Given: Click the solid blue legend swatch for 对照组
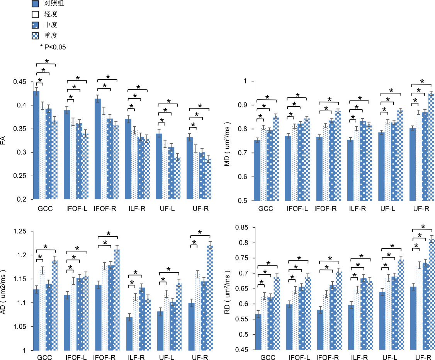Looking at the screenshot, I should [35, 4].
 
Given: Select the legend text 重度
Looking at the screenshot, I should [50, 36].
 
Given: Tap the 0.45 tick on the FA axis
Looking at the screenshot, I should [19, 82].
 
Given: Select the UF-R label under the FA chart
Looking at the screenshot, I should [201, 209].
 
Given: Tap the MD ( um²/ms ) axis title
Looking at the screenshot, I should [228, 141].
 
